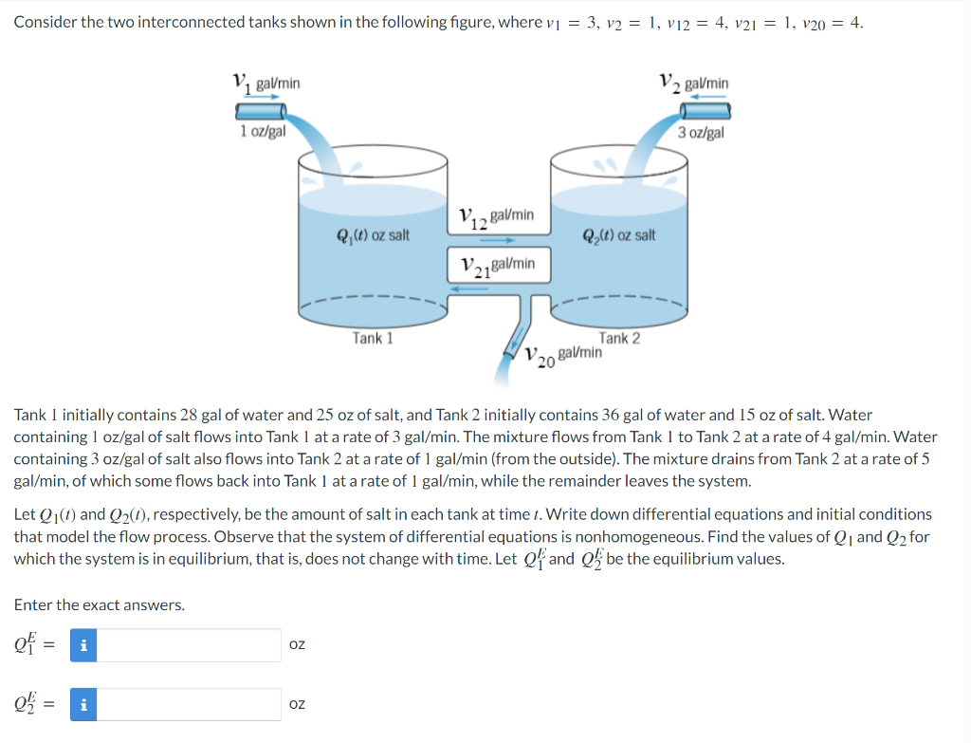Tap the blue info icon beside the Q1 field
[x=82, y=645]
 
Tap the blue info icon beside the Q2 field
[x=82, y=704]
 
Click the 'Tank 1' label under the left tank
[x=372, y=338]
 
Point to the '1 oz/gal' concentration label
[x=263, y=132]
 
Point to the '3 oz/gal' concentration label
[x=701, y=132]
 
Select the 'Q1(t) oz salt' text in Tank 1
[x=372, y=234]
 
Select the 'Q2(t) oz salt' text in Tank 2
[x=618, y=234]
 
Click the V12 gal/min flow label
[x=496, y=217]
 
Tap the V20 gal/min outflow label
[x=564, y=356]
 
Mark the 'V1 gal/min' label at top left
[x=266, y=84]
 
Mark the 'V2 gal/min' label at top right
[x=694, y=84]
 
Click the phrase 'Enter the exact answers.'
[x=99, y=604]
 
